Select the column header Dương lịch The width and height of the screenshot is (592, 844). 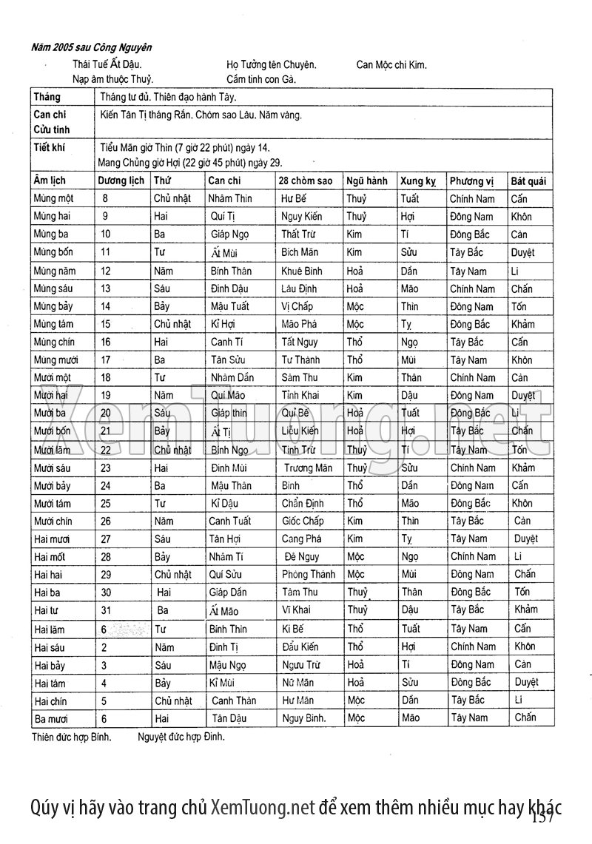tap(121, 180)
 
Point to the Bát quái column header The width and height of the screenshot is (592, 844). tap(528, 180)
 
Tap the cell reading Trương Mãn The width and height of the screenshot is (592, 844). tap(308, 467)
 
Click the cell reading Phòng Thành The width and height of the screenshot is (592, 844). tap(309, 574)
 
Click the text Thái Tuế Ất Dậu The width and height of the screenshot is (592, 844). tap(107, 64)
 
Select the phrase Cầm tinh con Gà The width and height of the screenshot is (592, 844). tap(261, 79)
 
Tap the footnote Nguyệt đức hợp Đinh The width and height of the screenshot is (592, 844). tap(181, 737)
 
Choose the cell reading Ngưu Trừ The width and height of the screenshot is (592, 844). tap(301, 664)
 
